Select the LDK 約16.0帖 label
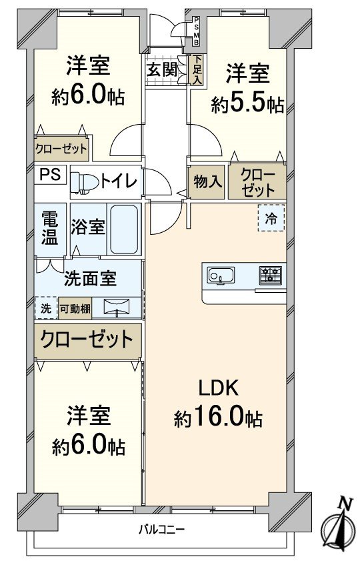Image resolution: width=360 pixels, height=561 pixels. [x=217, y=403]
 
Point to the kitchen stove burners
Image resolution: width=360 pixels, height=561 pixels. [x=271, y=275]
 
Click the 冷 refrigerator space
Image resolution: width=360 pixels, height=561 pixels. [x=271, y=217]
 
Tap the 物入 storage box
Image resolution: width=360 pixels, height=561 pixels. [x=207, y=181]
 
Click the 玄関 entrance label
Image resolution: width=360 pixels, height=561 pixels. [x=162, y=70]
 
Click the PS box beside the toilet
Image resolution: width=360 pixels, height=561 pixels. [x=51, y=175]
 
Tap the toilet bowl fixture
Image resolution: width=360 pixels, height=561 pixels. [x=85, y=181]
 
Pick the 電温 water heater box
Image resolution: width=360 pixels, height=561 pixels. [x=50, y=228]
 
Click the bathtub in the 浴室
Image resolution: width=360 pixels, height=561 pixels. [x=124, y=229]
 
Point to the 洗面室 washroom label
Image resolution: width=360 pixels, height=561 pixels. [x=90, y=279]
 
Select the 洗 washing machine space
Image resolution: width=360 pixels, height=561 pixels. [x=45, y=308]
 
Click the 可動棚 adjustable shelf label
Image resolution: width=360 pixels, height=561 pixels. [x=75, y=308]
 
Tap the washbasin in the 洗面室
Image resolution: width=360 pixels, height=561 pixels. [x=119, y=307]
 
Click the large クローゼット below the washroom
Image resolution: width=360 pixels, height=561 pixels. [x=87, y=341]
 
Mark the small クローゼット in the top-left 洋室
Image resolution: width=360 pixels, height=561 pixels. [x=61, y=149]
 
